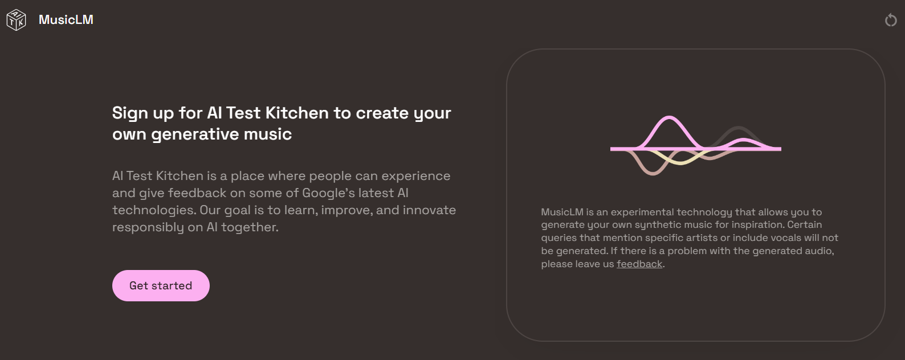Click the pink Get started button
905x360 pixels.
click(161, 285)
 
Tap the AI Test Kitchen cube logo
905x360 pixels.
click(16, 20)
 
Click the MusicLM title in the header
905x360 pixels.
click(66, 19)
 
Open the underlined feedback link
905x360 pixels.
click(639, 264)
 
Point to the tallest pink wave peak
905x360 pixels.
click(669, 117)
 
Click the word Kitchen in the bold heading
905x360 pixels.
click(296, 113)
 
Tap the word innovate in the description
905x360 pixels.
click(429, 210)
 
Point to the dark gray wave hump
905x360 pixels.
click(738, 128)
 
